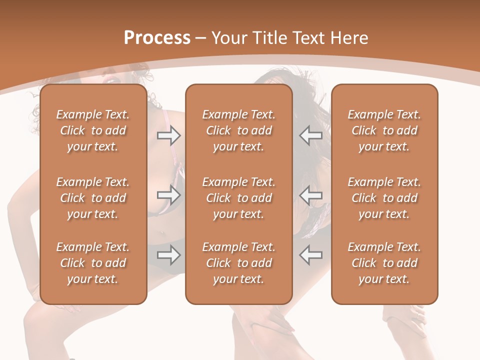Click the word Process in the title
(157, 38)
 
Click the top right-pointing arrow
(168, 135)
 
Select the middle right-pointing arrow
(168, 195)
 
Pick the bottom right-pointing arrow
(168, 255)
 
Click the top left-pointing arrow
(311, 135)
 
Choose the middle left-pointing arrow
(311, 195)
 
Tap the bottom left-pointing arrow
(311, 255)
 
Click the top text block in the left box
(93, 130)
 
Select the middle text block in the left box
(93, 198)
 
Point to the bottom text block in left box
(93, 263)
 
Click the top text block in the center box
(238, 130)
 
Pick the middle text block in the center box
(238, 198)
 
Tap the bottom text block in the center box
(238, 263)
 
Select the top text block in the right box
(384, 130)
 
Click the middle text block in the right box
(384, 198)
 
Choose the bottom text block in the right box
(384, 263)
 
